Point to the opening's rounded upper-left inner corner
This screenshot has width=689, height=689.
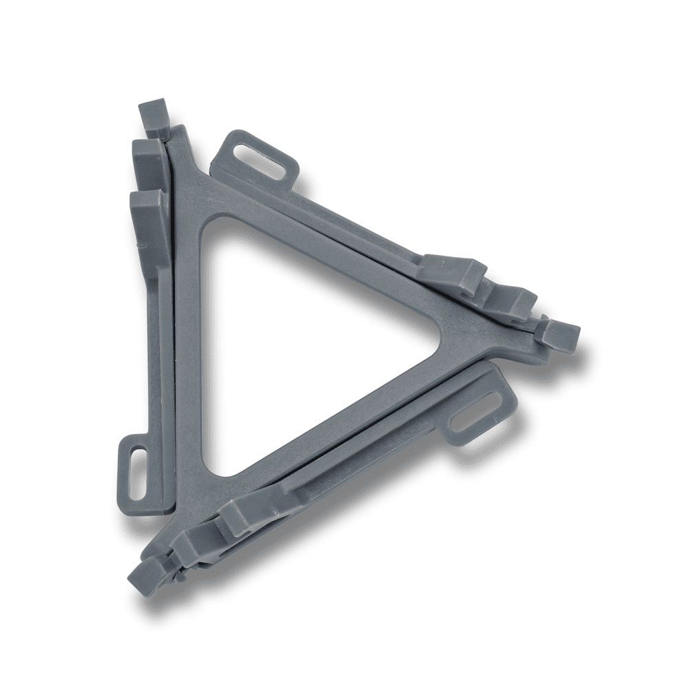click(x=214, y=227)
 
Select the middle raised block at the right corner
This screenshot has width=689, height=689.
click(x=513, y=302)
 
